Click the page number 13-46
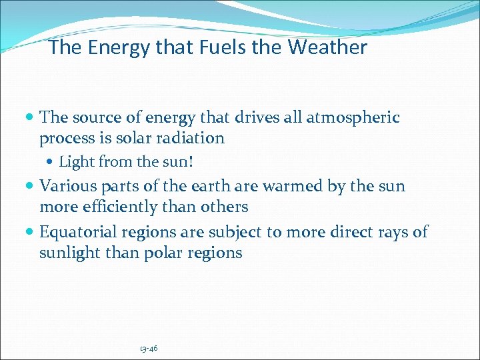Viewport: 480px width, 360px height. tap(149, 348)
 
